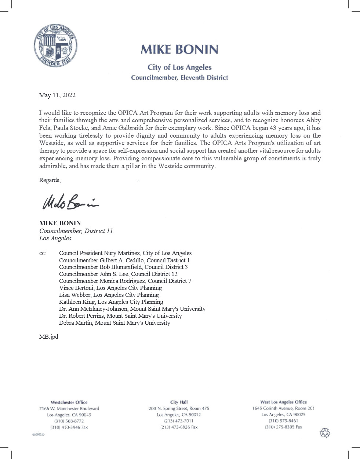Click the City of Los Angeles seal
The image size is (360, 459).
tap(55, 46)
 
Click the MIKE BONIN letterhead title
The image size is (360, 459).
tap(179, 50)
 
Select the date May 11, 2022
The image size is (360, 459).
tap(57, 95)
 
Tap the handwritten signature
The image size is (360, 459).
tap(70, 202)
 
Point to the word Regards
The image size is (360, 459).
tap(49, 180)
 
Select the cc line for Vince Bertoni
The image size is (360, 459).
tap(110, 288)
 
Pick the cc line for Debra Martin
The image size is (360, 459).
tap(114, 323)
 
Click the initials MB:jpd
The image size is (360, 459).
tap(49, 337)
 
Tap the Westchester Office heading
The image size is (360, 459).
tap(69, 402)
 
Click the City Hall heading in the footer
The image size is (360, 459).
tap(179, 402)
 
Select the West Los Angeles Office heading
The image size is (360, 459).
tap(283, 402)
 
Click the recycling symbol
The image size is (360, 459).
tap(325, 433)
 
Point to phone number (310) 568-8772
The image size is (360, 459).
tap(69, 421)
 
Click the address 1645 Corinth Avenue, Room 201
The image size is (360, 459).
tap(283, 408)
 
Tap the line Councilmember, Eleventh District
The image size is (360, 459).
tap(179, 78)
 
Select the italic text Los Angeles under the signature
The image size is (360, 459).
tap(55, 238)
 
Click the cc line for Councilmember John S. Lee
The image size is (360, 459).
tap(118, 274)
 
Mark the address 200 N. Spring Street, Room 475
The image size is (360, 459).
tap(179, 408)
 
